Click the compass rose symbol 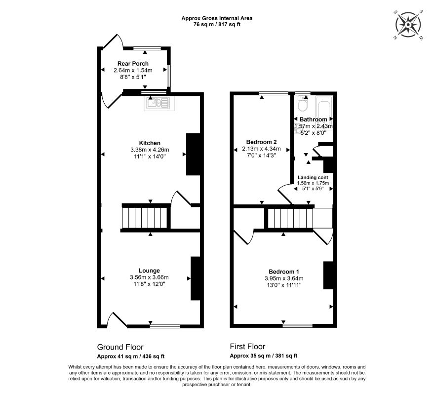409,24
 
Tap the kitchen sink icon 158,103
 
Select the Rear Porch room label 133,64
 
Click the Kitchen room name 149,143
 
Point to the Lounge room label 149,271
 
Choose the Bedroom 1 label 283,272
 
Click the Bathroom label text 313,119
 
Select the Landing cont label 313,177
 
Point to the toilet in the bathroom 303,104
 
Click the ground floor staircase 146,217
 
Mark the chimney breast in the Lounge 196,278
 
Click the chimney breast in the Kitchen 192,154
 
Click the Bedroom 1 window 297,325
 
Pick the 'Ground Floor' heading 120,347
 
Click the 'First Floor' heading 251,347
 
